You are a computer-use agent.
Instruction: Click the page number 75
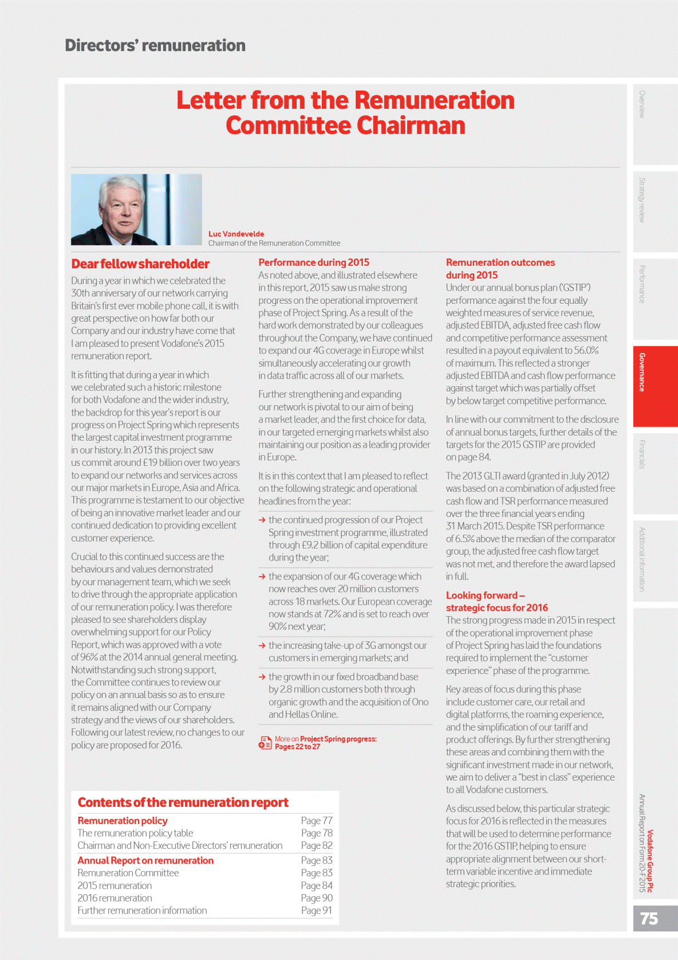coord(649,919)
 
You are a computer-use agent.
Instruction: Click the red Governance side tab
coord(642,373)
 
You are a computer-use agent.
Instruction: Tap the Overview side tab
coord(642,104)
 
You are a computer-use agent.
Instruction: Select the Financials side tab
coord(642,454)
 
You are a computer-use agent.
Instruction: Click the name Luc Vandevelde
coord(236,234)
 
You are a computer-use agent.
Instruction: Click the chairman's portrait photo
coord(136,210)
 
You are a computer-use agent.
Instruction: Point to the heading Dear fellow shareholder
coord(140,264)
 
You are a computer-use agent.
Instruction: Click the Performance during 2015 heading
coord(314,262)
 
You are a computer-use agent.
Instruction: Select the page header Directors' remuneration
coord(155,46)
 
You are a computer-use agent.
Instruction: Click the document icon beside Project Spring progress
coord(265,743)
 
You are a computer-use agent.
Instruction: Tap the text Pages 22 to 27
coord(297,747)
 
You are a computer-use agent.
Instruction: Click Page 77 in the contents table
coord(317,821)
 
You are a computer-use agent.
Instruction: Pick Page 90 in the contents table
coord(317,898)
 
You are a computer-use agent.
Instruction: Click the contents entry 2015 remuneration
coord(115,885)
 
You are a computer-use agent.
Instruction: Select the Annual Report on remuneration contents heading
coord(145,860)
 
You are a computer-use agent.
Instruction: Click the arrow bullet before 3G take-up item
coord(262,645)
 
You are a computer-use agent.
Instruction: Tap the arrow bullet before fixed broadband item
coord(262,677)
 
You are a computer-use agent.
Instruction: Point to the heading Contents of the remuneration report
coord(183,802)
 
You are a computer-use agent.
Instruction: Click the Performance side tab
coord(642,284)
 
